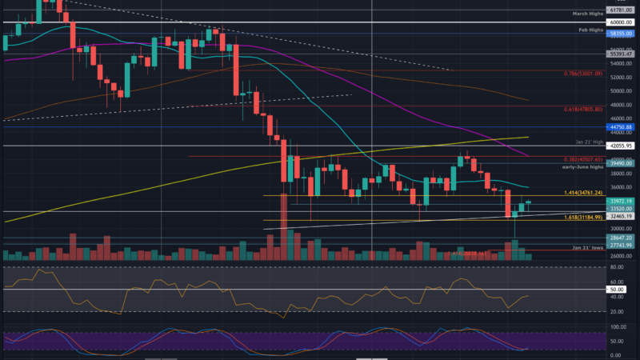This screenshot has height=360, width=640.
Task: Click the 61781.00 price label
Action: coord(621,10)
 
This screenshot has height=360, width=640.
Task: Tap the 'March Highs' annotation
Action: coord(588,14)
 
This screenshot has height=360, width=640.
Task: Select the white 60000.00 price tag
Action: coord(621,22)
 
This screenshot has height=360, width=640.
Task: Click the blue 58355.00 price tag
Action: coord(621,35)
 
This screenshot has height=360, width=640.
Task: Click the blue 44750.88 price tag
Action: coord(621,126)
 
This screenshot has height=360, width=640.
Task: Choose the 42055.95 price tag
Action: coord(621,146)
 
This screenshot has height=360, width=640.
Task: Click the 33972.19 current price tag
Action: coord(621,201)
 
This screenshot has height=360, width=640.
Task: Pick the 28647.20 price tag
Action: coord(621,238)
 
